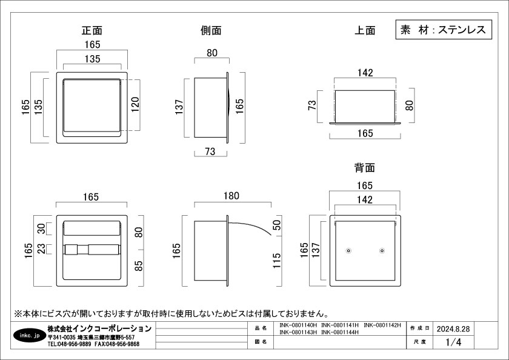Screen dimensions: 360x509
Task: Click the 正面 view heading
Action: [92, 30]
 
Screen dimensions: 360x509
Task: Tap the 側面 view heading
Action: [211, 30]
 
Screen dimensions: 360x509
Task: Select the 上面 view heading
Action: [365, 30]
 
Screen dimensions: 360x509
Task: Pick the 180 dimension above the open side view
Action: [231, 196]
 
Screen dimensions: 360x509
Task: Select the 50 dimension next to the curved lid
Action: [278, 226]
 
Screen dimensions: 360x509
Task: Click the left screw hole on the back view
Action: [348, 251]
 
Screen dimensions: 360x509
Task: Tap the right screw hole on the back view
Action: [382, 251]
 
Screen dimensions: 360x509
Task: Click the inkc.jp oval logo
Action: [28, 335]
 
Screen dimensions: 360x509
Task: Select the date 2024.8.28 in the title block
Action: [453, 328]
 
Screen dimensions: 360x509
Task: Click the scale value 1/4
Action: [453, 342]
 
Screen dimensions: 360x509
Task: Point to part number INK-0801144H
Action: [341, 332]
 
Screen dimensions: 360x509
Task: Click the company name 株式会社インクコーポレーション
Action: [99, 328]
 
